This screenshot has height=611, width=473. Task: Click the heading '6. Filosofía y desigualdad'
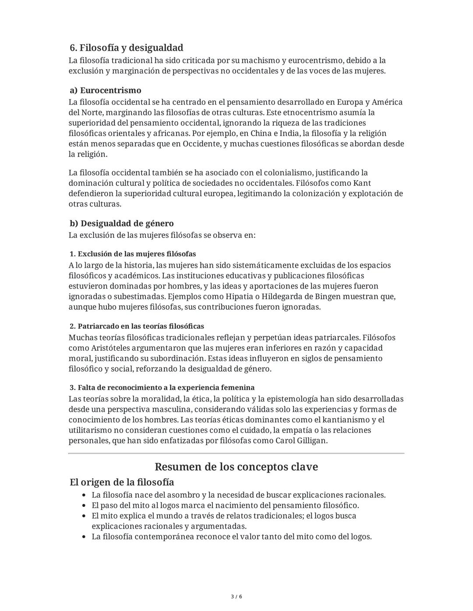[126, 48]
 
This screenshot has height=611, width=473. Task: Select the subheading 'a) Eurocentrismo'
[105, 91]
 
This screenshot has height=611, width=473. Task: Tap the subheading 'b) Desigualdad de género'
[121, 223]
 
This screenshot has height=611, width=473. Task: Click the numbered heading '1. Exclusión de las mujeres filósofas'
[132, 254]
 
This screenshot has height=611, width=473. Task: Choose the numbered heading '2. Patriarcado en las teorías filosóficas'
[137, 326]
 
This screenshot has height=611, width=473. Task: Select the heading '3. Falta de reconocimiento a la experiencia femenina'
[162, 388]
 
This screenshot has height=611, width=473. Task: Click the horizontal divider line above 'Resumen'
[236, 454]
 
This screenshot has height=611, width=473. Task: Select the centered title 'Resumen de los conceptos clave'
[236, 467]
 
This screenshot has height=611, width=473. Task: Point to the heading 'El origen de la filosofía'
[122, 482]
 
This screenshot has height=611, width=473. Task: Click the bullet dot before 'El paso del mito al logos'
[84, 506]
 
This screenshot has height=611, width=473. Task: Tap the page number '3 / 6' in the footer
[236, 597]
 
